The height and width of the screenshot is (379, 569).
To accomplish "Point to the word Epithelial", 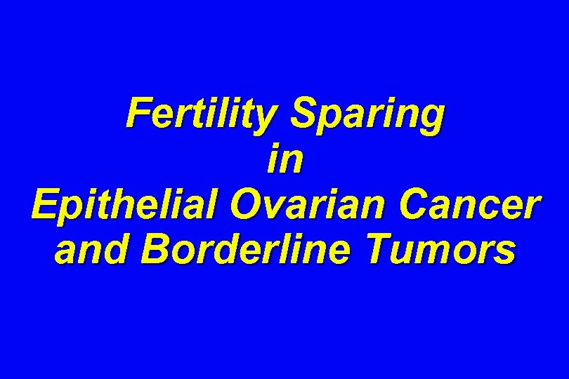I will coord(122,205).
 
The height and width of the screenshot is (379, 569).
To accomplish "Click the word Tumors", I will coord(450,250).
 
